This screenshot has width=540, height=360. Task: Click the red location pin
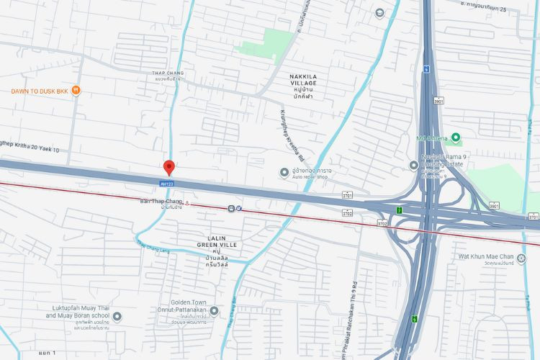click(x=169, y=168)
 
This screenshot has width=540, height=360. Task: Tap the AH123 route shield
click(x=166, y=184)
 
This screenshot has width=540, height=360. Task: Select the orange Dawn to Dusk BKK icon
click(x=76, y=91)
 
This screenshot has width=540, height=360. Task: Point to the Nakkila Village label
click(x=303, y=83)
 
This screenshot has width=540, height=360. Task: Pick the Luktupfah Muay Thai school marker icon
click(x=118, y=315)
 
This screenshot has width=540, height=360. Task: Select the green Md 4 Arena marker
click(x=456, y=138)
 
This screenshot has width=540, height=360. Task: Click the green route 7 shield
click(x=399, y=210)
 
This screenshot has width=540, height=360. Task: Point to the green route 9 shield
click(x=414, y=319)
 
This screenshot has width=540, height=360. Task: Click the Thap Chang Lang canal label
click(x=152, y=246)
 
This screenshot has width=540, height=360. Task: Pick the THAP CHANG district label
click(x=169, y=76)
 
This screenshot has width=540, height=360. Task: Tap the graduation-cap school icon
click(x=379, y=12)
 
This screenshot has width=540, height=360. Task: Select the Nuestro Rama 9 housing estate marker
click(x=413, y=165)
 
